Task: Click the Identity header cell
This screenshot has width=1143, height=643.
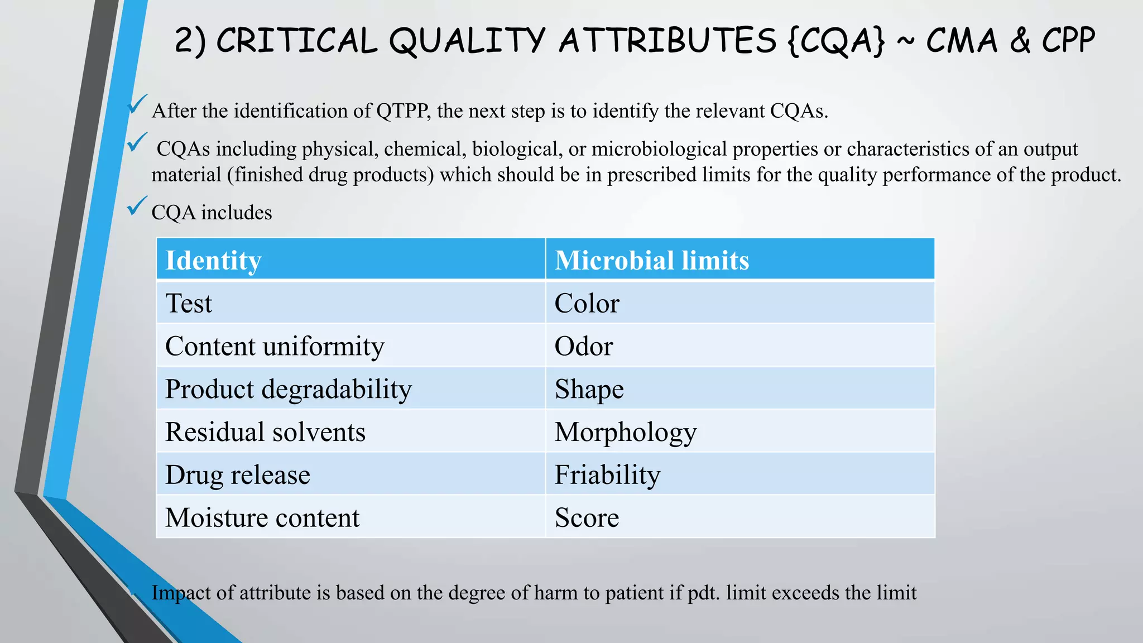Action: tap(350, 260)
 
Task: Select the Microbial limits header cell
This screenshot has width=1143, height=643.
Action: tap(739, 260)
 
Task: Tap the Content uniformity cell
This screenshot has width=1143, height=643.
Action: tap(350, 346)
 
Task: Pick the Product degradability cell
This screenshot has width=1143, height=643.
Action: tap(350, 389)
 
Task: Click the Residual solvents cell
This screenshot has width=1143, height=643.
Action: tap(350, 432)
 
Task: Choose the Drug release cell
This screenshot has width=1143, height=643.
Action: tap(350, 475)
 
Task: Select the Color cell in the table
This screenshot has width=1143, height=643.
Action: tap(739, 303)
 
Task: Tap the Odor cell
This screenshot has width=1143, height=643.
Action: tap(739, 346)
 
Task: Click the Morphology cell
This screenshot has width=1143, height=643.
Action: tap(739, 432)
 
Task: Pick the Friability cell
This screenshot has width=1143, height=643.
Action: tap(739, 475)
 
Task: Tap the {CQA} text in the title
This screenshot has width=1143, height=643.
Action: tap(837, 41)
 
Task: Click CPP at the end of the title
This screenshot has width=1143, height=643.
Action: tap(1068, 41)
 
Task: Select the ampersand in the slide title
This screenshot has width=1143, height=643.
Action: tap(1020, 41)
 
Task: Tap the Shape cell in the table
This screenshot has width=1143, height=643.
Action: tap(739, 389)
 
